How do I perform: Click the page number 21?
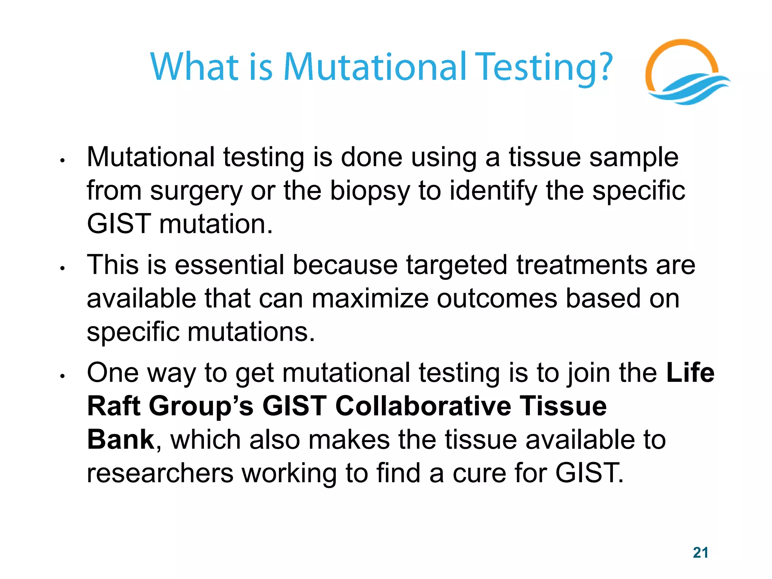tap(700, 553)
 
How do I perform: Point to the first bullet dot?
tap(63, 161)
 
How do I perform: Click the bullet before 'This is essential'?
tap(63, 269)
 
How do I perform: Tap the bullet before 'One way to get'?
tap(63, 376)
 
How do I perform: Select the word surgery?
tap(196, 191)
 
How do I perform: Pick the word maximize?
tap(370, 299)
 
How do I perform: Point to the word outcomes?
tap(497, 299)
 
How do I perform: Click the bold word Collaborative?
tap(423, 406)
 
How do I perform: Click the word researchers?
tap(160, 473)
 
